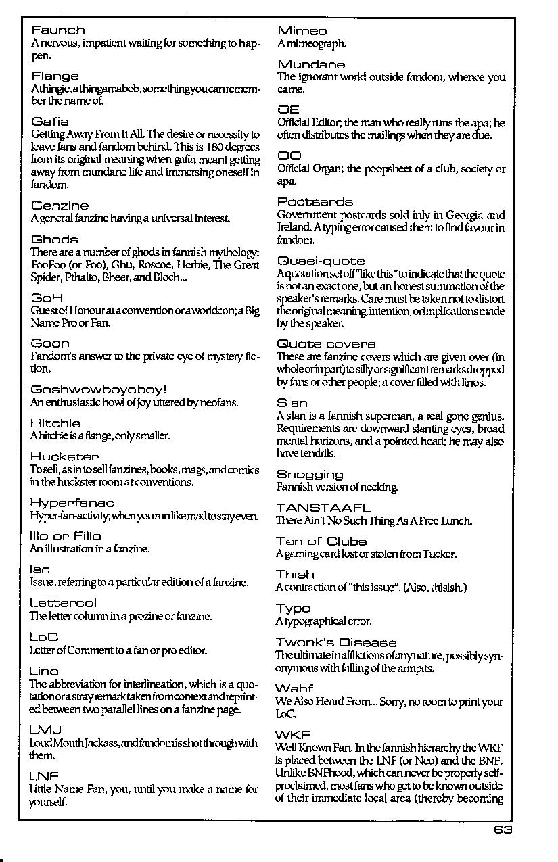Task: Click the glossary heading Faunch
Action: [x=58, y=30]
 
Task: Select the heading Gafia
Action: [x=50, y=122]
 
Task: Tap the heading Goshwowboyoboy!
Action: [x=99, y=389]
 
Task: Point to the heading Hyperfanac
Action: [x=72, y=503]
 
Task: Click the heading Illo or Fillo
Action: [x=66, y=536]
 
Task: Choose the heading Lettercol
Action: [x=64, y=603]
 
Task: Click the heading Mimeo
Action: [x=302, y=31]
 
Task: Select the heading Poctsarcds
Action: [x=315, y=201]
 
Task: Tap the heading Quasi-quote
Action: [x=321, y=261]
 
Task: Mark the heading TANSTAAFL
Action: [x=323, y=508]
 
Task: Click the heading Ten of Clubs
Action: [x=321, y=542]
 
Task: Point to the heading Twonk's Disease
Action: [x=336, y=642]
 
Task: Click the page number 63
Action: [x=504, y=830]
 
